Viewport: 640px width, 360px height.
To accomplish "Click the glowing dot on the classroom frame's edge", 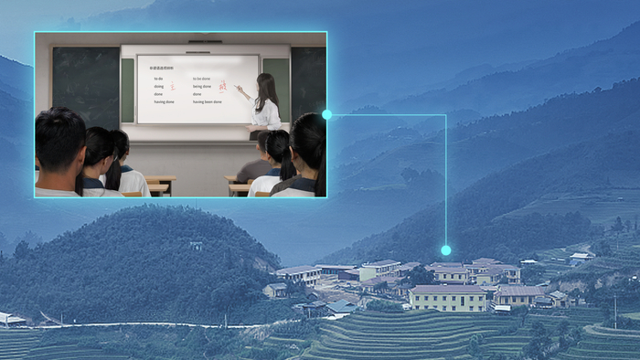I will pos(326,115).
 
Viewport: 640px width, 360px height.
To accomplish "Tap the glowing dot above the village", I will pos(445,249).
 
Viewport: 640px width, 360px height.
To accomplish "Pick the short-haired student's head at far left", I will pos(60,138).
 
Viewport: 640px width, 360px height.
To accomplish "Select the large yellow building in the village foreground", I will pos(448,298).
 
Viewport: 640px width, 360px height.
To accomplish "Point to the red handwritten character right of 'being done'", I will pos(221,87).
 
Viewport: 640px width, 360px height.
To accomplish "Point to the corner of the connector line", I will pos(445,115).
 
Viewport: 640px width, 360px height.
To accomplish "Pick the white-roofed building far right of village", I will pos(579,256).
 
